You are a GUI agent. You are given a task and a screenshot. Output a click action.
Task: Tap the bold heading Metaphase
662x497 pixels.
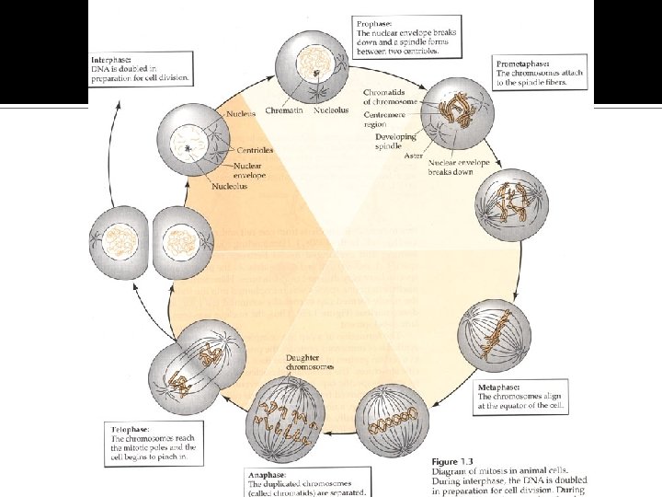pos(500,387)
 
